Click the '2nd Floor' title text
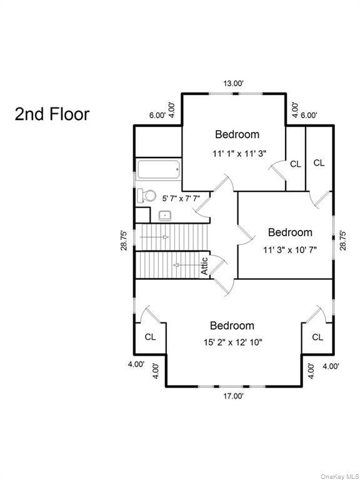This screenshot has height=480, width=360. point(52,114)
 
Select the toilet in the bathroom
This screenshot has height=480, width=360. point(147,196)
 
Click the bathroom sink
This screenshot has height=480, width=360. point(166,216)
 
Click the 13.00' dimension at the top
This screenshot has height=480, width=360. point(234,82)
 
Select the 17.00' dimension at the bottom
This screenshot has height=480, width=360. point(234,396)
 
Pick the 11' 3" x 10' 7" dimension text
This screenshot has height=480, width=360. point(290,249)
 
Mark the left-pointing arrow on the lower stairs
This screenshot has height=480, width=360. point(182,266)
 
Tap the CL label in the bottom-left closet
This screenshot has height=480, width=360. point(150,337)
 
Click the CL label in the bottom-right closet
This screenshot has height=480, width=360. point(317,337)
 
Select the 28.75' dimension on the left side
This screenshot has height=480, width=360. point(124,241)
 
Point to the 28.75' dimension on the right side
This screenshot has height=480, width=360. point(342,241)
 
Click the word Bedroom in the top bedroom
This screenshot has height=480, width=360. point(237,134)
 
